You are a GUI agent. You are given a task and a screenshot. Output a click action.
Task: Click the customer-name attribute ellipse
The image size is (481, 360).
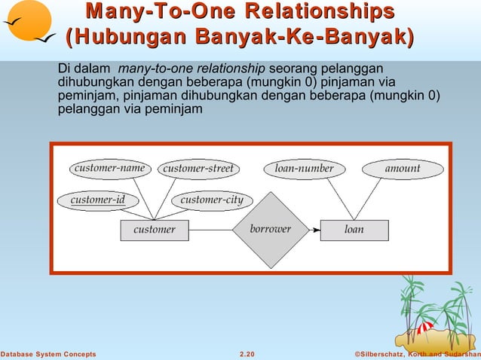click(x=109, y=168)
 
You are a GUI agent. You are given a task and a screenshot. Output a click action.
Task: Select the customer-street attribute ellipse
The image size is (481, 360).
click(x=198, y=169)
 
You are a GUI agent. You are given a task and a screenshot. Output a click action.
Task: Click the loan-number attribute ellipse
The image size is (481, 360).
click(x=304, y=169)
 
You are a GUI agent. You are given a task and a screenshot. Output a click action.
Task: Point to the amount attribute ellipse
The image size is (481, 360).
click(x=403, y=169)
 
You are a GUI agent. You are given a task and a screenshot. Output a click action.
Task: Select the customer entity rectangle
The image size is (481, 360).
click(x=155, y=230)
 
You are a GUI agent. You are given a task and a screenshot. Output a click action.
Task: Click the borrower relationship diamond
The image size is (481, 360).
click(x=271, y=230)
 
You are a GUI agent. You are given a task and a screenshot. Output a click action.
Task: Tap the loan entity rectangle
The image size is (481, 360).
click(x=354, y=230)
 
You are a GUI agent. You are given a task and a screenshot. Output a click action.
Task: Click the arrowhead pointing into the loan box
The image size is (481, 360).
click(x=315, y=230)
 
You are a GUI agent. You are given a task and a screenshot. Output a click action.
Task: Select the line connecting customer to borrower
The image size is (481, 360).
click(x=211, y=230)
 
